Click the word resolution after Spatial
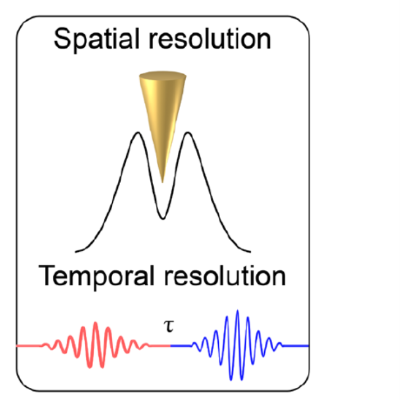tap(206, 40)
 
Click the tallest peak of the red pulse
tap(95, 323)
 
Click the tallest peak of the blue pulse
tap(238, 311)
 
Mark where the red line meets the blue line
tap(171, 346)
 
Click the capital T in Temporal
tap(47, 277)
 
